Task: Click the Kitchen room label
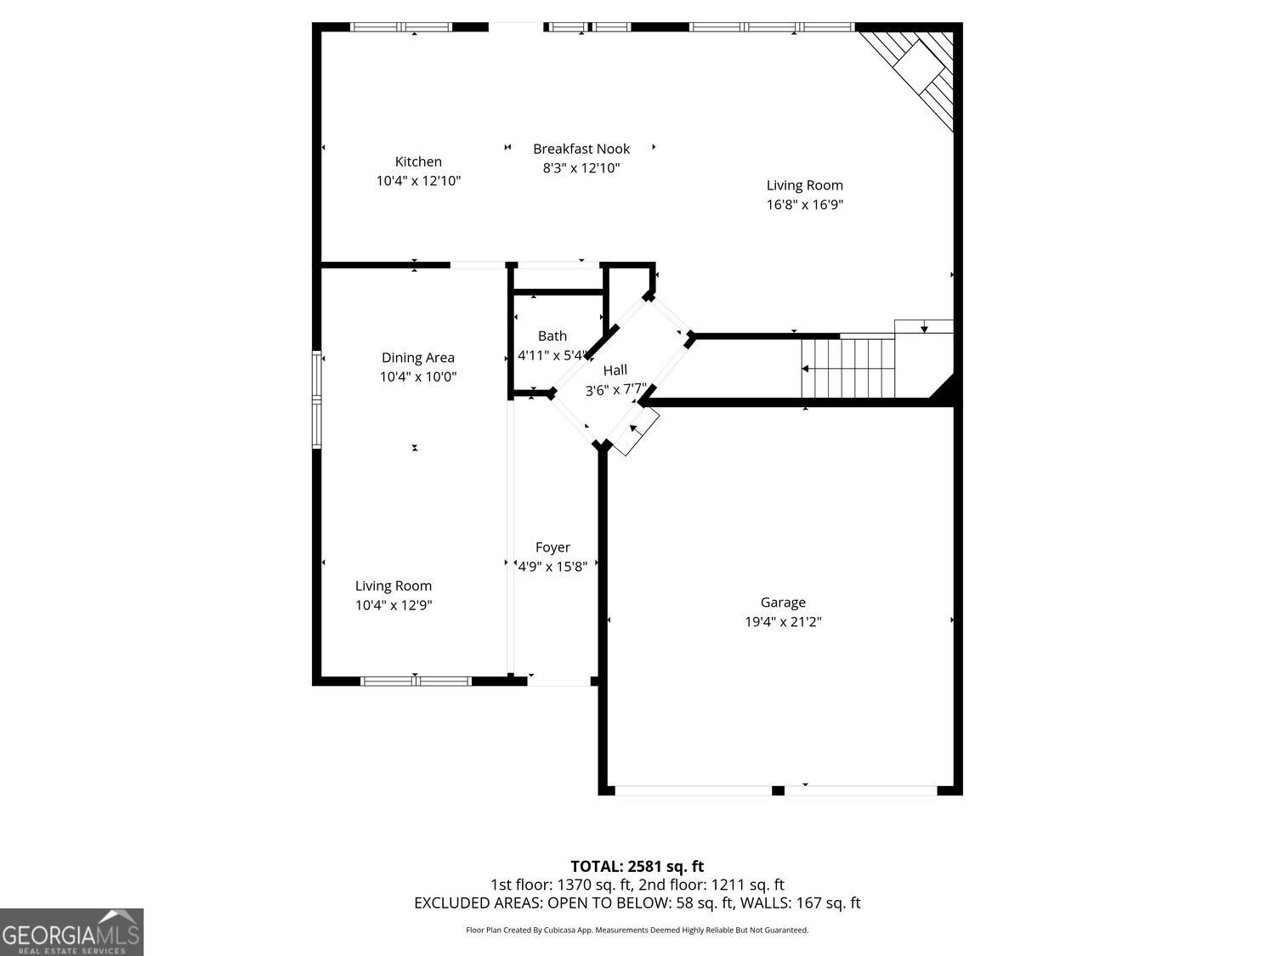point(418,161)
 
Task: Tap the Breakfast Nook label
point(581,149)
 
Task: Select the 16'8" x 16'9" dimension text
point(804,205)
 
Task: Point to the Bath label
point(552,336)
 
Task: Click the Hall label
point(615,370)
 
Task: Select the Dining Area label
point(417,358)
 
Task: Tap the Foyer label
point(552,547)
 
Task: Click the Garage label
point(783,602)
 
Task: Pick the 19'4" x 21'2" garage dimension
point(783,622)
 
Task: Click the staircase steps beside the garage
point(848,368)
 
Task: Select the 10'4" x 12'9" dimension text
point(394,606)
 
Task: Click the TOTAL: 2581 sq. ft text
point(637,867)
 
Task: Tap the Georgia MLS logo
point(71,932)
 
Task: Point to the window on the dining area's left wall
point(317,399)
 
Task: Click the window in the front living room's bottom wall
point(416,681)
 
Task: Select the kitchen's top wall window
point(402,27)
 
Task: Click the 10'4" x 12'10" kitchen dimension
point(418,181)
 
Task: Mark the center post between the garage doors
point(778,790)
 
